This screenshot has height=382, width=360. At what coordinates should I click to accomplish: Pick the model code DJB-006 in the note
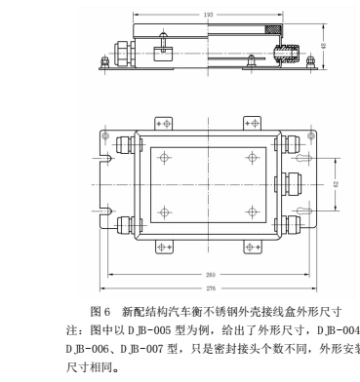click(84, 347)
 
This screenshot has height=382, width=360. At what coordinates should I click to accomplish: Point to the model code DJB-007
click(138, 347)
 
